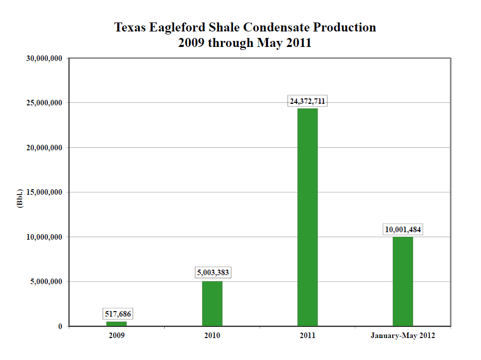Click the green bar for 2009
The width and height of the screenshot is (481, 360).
(x=117, y=324)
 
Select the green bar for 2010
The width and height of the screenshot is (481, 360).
(x=212, y=304)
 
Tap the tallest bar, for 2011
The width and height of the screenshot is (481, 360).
(x=307, y=217)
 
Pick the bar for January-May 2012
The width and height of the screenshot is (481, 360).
(x=403, y=281)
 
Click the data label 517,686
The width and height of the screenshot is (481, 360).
(x=119, y=314)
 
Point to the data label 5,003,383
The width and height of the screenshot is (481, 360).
(x=214, y=273)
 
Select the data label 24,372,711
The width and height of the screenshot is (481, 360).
(x=307, y=101)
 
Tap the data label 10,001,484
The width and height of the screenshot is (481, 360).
(x=403, y=230)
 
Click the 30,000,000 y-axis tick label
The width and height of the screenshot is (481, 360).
(x=44, y=58)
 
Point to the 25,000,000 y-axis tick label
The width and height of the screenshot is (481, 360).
(x=44, y=103)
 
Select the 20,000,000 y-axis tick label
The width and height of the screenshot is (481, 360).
(x=44, y=148)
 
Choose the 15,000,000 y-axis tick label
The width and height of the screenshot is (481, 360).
(x=44, y=192)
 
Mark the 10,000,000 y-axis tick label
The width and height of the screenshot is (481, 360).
(x=44, y=237)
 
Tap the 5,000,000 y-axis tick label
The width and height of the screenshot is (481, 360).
(x=46, y=282)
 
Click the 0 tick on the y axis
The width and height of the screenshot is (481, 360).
(x=60, y=327)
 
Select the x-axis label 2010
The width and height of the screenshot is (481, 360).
(x=212, y=336)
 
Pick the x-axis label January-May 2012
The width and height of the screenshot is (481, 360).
(x=403, y=336)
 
